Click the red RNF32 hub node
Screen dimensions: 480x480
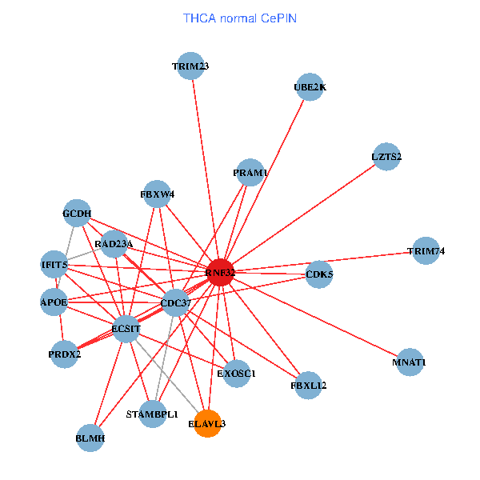point(220,272)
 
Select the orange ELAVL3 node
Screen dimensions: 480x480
point(208,424)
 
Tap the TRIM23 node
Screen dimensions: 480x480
point(190,66)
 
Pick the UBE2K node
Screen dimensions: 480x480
point(310,87)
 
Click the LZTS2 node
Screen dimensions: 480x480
point(386,156)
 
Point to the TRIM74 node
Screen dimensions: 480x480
point(426,250)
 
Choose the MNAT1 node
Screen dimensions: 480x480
point(410,362)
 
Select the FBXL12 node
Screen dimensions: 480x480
point(308,385)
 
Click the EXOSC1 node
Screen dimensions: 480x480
point(236,373)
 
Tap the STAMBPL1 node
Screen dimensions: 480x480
point(152,414)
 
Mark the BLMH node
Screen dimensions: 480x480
point(90,438)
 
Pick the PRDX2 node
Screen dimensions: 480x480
point(65,354)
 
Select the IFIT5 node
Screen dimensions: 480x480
point(54,264)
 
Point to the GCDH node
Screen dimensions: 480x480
point(77,213)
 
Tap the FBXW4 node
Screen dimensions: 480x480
point(157,194)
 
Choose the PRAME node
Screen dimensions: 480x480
point(250,172)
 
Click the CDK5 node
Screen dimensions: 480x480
point(319,274)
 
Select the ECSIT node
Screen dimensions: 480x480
point(126,328)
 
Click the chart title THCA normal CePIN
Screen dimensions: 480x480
point(240,17)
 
